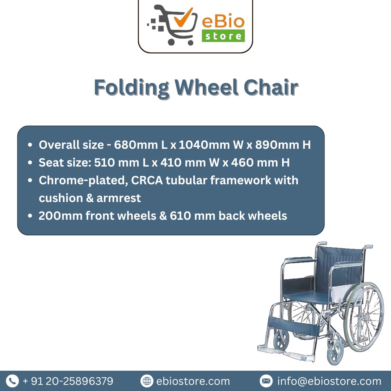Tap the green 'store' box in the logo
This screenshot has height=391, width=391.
click(x=223, y=36)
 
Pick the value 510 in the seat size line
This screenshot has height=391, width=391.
click(x=103, y=163)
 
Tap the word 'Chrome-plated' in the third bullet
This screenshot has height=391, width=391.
click(x=83, y=180)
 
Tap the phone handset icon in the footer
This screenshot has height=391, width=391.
click(x=12, y=381)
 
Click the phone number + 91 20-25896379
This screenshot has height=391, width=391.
click(x=68, y=381)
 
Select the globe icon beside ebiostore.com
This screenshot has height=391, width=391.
click(x=147, y=381)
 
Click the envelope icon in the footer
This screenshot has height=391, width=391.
click(x=266, y=381)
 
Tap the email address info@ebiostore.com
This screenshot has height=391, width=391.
click(x=329, y=381)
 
